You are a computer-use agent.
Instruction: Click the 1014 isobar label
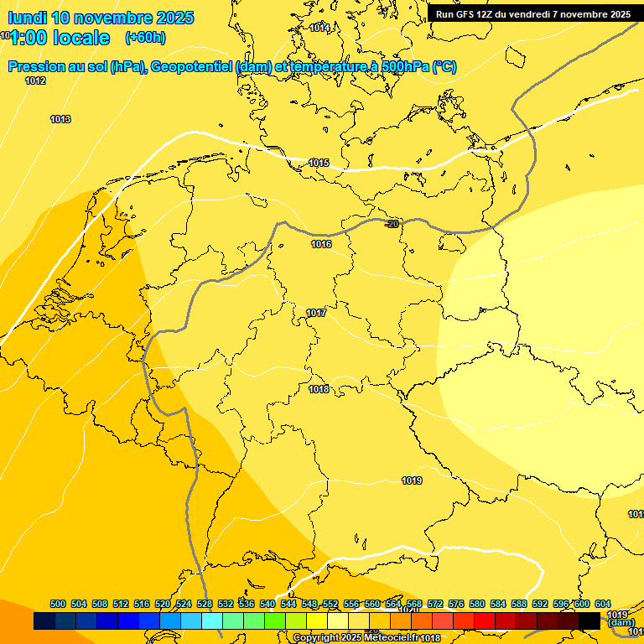click(x=319, y=28)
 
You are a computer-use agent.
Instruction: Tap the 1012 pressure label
click(x=35, y=80)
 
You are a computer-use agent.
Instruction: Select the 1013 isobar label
click(x=60, y=119)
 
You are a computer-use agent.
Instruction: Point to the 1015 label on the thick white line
click(x=319, y=163)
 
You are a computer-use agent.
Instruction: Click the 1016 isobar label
click(x=321, y=244)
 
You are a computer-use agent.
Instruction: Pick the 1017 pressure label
click(x=316, y=313)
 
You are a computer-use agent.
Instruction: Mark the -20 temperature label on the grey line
click(x=392, y=223)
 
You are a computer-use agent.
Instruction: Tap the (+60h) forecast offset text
click(x=145, y=38)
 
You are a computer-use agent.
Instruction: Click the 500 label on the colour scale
click(x=58, y=604)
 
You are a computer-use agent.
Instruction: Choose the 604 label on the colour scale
click(x=603, y=604)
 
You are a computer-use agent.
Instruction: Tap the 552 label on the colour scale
click(x=330, y=604)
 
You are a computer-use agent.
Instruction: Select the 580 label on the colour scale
click(x=477, y=604)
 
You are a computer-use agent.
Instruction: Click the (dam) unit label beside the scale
click(x=621, y=622)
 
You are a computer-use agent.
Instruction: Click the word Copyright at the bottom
click(x=315, y=638)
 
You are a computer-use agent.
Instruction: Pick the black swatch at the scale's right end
click(x=589, y=621)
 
